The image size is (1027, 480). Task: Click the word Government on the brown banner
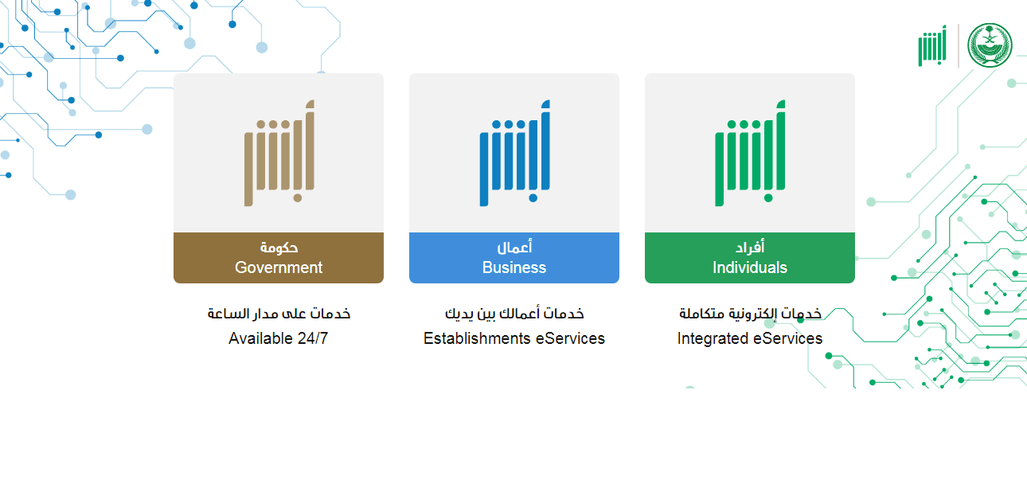pos(279,267)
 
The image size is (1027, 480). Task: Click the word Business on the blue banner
pos(514,267)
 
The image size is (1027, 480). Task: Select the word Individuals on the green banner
pos(750,267)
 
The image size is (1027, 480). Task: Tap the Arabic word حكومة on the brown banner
pos(279,248)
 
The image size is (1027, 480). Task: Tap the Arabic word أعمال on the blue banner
pos(514,247)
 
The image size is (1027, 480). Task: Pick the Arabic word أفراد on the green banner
pos(750,247)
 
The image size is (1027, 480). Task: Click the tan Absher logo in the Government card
pos(279,153)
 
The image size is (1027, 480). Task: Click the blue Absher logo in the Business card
pos(515,153)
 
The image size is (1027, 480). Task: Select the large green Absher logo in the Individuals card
pos(750,153)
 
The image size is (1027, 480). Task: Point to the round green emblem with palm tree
pos(990,45)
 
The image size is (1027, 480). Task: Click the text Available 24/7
pos(279,338)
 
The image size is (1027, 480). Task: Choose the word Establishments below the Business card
pos(475,338)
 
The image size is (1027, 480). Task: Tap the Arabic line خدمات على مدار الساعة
pos(279,314)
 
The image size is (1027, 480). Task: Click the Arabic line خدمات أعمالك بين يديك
pos(514,314)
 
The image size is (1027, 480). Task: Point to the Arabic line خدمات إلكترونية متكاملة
pos(750,314)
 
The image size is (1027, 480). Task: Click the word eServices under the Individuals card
pos(787,338)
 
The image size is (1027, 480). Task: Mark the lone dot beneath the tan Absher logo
pos(298,198)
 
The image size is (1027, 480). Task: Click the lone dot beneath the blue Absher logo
pos(533,198)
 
